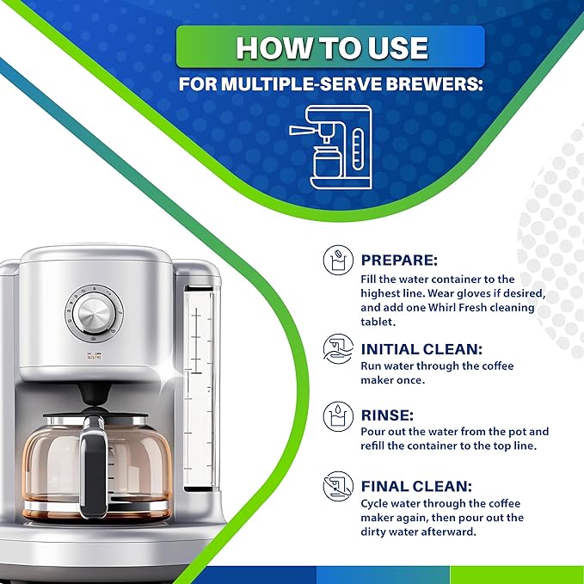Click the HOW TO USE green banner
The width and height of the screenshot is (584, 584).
pyautogui.click(x=330, y=46)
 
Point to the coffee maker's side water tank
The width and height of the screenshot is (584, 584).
pyautogui.click(x=197, y=387)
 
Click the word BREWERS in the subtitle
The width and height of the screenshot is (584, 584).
pyautogui.click(x=442, y=84)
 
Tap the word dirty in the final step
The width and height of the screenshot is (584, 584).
pyautogui.click(x=378, y=532)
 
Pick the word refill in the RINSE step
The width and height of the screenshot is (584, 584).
pyautogui.click(x=376, y=446)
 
